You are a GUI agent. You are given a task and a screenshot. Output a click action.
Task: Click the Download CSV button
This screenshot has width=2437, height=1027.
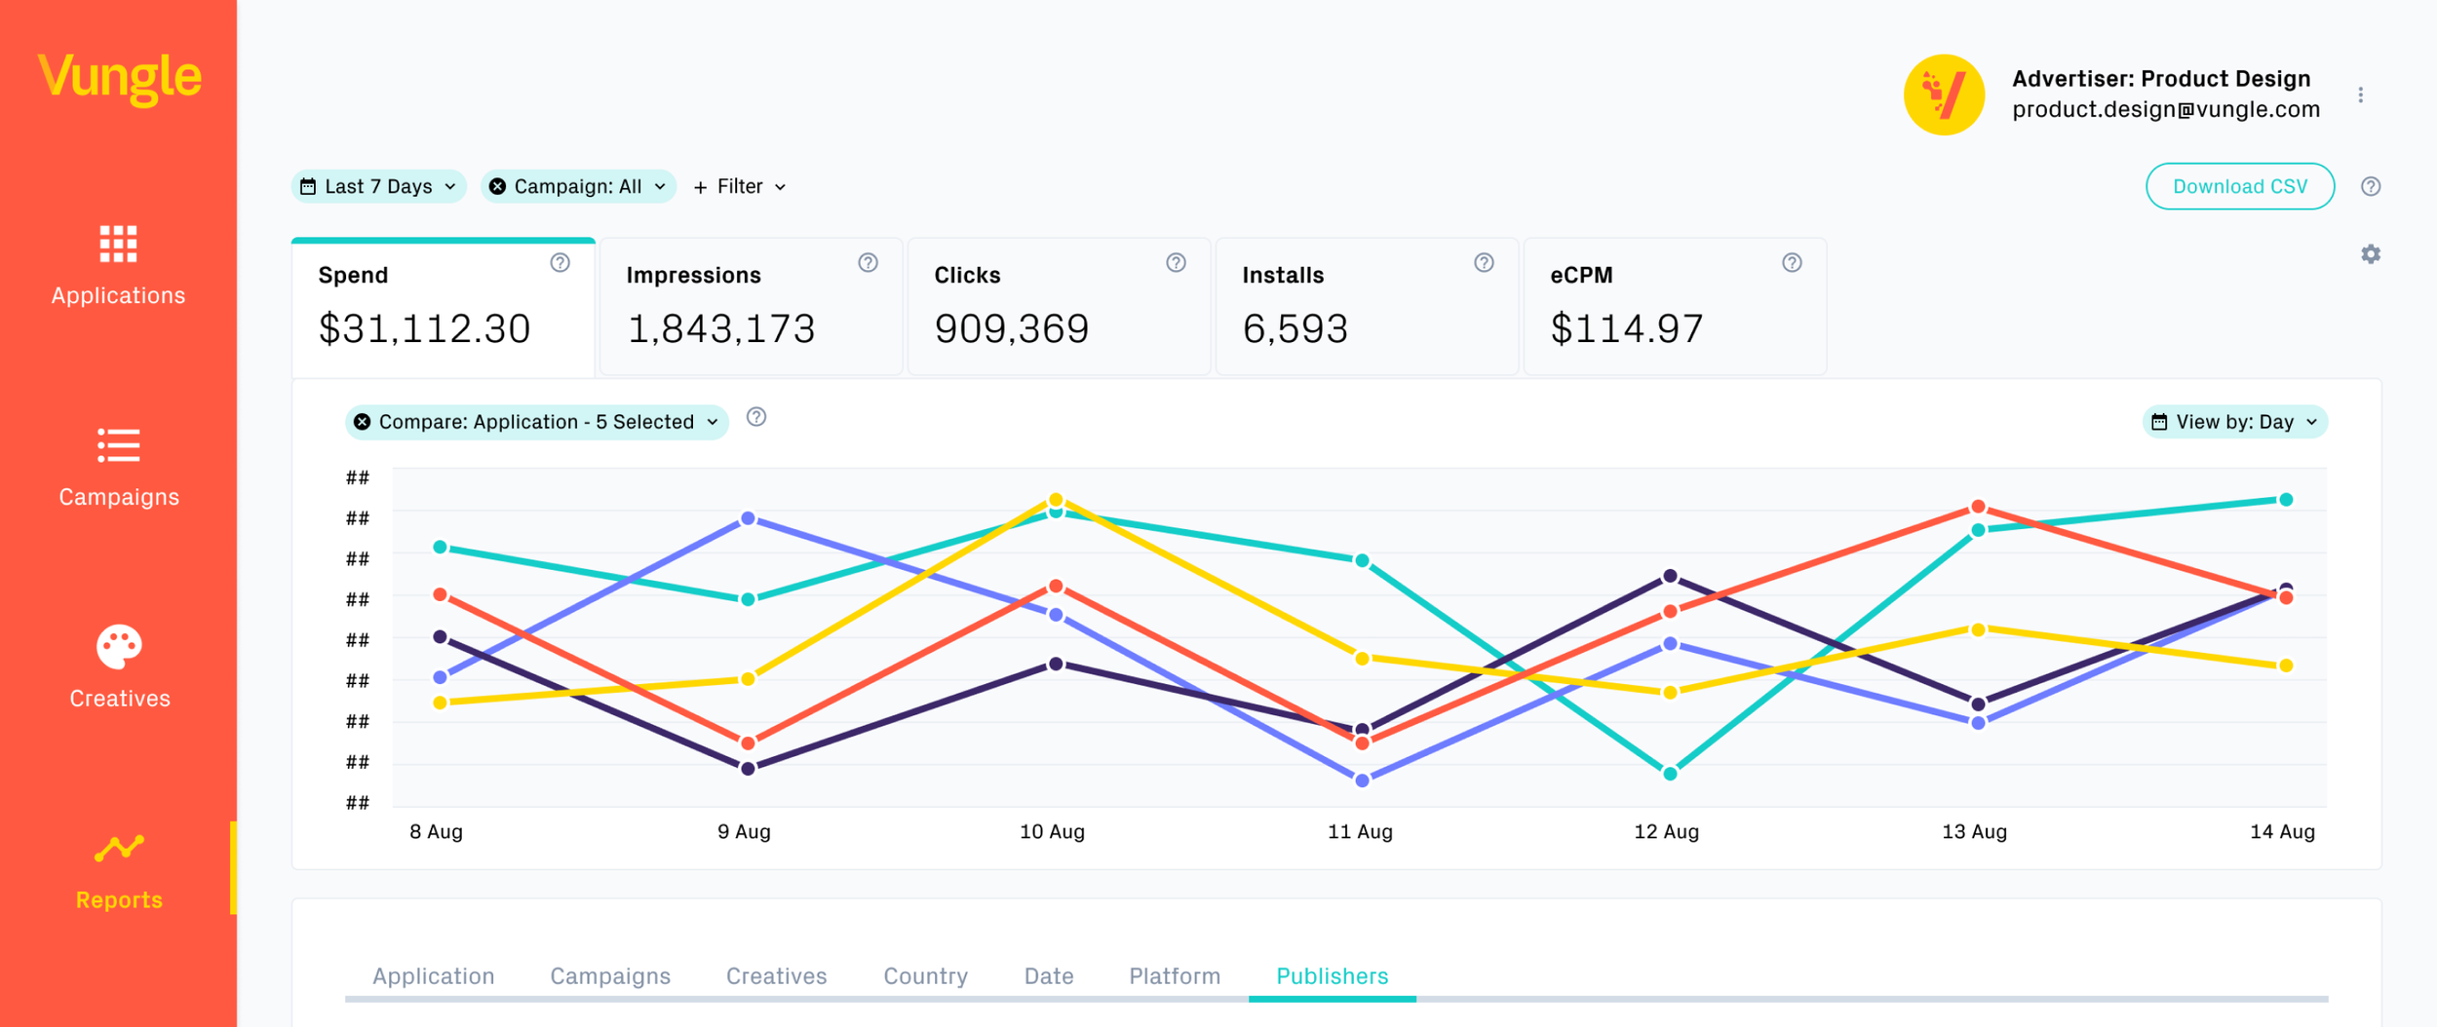point(2239,186)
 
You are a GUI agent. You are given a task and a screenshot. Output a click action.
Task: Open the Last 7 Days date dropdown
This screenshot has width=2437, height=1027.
point(378,186)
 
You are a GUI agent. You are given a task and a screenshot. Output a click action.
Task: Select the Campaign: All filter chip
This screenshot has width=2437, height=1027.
point(578,186)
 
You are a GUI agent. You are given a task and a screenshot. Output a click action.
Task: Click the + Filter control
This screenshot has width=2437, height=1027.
point(740,186)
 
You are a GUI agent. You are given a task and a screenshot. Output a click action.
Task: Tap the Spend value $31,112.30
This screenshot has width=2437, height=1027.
point(425,328)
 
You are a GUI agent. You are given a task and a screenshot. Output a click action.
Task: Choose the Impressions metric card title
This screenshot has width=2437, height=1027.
point(693,275)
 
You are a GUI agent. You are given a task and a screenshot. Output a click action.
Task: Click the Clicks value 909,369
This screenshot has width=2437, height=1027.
point(1012,328)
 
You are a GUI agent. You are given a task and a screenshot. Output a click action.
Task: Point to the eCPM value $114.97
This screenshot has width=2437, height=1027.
point(1627,328)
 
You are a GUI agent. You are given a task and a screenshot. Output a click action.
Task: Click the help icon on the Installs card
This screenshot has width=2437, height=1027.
point(1484,262)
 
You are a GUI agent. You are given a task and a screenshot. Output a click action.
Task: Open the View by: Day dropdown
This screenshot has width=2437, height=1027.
point(2234,422)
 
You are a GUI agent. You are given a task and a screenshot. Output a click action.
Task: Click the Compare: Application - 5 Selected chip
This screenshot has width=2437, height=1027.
point(537,422)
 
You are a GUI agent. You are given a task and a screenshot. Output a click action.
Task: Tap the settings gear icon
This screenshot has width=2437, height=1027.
point(2371,254)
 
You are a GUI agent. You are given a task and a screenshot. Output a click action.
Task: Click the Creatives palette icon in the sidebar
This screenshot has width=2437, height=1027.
point(119,647)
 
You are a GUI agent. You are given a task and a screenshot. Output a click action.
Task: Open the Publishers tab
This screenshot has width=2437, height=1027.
point(1332,975)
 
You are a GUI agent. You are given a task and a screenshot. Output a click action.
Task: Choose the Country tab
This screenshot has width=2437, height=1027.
point(925,975)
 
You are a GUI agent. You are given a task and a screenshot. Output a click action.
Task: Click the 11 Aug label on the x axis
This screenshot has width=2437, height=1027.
point(1360,831)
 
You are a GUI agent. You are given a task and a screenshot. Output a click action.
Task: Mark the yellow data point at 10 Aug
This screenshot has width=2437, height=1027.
point(1056,500)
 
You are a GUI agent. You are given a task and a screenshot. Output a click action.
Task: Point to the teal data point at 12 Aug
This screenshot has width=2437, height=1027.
point(1670,774)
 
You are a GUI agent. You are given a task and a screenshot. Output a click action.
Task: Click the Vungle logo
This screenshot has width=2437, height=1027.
point(119,78)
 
